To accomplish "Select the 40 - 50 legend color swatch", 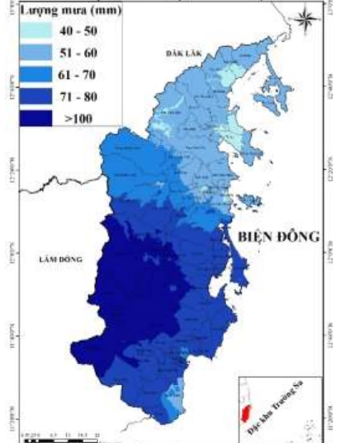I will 36,31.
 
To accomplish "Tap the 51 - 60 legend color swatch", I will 36,53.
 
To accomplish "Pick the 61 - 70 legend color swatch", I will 36,75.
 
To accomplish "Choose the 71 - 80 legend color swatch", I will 36,96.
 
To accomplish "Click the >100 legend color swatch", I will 36,118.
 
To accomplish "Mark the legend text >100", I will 78,118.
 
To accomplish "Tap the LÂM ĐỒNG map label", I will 60,260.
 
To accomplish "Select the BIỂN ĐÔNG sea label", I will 279,237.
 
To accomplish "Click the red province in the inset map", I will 247,412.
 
